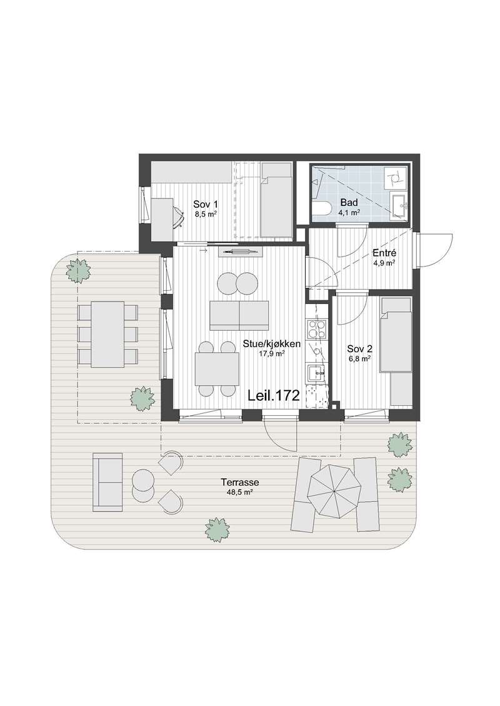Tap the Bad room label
pyautogui.click(x=349, y=203)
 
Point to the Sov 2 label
pyautogui.click(x=359, y=349)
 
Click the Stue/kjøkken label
pyautogui.click(x=272, y=344)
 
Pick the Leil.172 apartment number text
pyautogui.click(x=274, y=396)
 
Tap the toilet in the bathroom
pyautogui.click(x=321, y=209)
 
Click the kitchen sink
pyautogui.click(x=316, y=373)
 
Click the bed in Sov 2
pyautogui.click(x=396, y=335)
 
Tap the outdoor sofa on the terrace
pyautogui.click(x=107, y=483)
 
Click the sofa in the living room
pyautogui.click(x=239, y=315)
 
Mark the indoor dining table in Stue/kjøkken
pyautogui.click(x=217, y=369)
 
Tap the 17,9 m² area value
pyautogui.click(x=271, y=354)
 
